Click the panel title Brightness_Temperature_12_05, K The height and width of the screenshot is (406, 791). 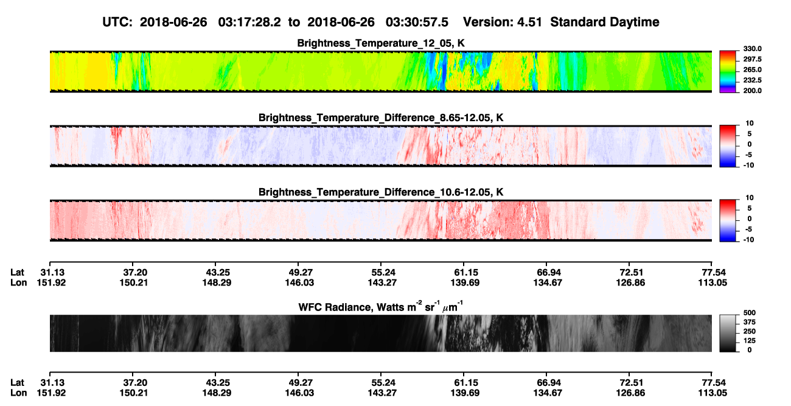point(381,43)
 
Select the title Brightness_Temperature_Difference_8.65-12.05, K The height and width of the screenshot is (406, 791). point(381,117)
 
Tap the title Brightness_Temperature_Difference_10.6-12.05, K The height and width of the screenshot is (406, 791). point(381,192)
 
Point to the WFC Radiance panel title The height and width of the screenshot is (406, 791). point(381,307)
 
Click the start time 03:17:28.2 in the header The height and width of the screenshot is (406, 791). point(249,22)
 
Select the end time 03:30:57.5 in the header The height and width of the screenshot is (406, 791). point(417,22)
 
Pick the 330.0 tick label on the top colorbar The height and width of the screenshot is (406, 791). point(752,49)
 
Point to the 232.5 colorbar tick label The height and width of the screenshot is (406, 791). point(752,80)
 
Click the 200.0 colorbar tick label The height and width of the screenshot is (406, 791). point(752,91)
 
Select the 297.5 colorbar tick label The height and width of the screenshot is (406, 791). point(752,59)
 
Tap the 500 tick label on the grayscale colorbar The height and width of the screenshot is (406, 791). point(749,313)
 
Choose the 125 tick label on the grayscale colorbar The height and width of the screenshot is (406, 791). point(749,341)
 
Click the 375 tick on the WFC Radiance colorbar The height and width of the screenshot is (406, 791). point(749,322)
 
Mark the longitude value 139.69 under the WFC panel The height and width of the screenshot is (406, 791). point(465,393)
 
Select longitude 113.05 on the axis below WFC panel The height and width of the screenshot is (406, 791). point(713,393)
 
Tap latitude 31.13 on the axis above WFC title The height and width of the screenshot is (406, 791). point(52,273)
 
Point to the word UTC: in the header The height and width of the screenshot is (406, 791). point(117,22)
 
